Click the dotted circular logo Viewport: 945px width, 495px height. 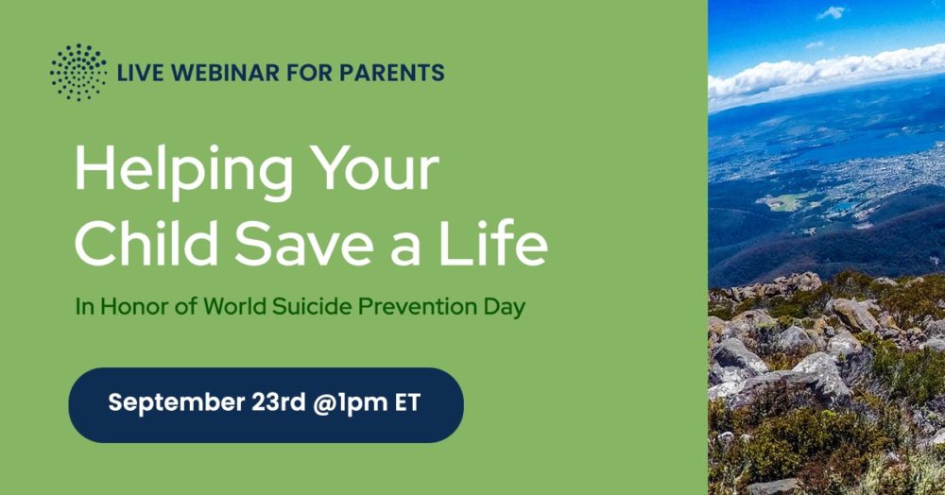pyautogui.click(x=78, y=72)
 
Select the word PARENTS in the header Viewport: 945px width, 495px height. pyautogui.click(x=392, y=73)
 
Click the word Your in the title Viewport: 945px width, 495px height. pyautogui.click(x=374, y=168)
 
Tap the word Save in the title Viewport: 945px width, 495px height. pyautogui.click(x=303, y=243)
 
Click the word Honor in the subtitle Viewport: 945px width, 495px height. pyautogui.click(x=134, y=306)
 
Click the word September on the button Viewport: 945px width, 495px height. pyautogui.click(x=176, y=402)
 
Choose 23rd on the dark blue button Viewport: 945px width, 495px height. pyautogui.click(x=279, y=402)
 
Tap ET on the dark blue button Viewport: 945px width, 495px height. pyautogui.click(x=407, y=402)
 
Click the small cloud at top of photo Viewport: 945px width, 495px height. pyautogui.click(x=831, y=12)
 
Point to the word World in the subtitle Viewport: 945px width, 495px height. pyautogui.click(x=234, y=306)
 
